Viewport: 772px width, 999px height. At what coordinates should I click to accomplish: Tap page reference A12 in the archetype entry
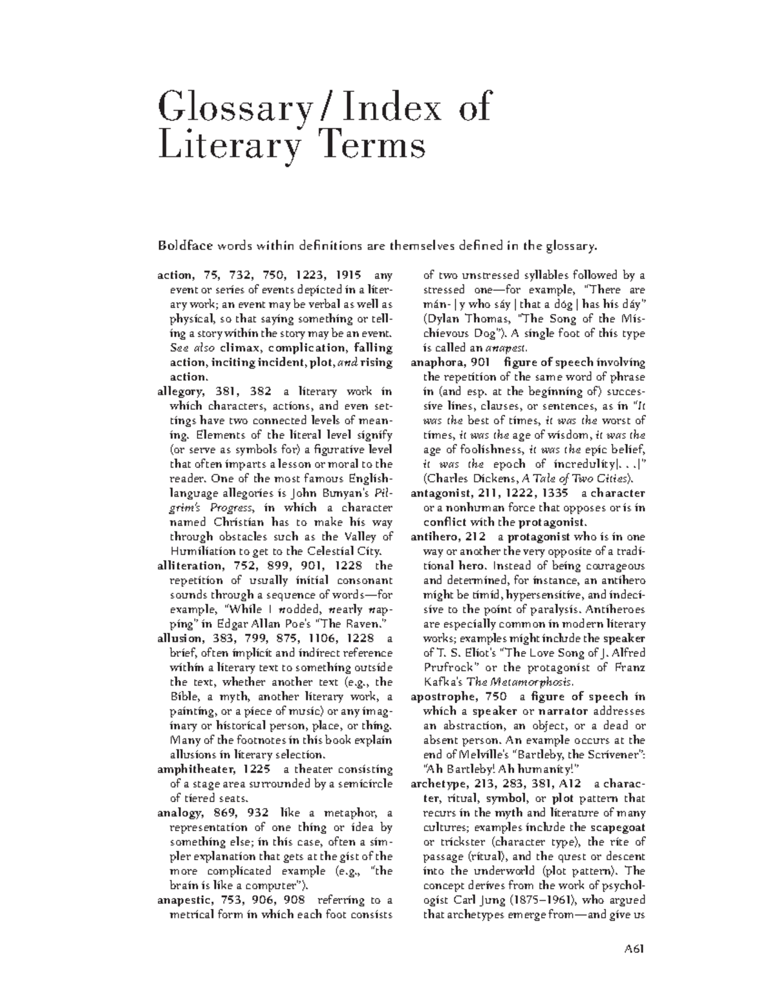[x=570, y=784]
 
